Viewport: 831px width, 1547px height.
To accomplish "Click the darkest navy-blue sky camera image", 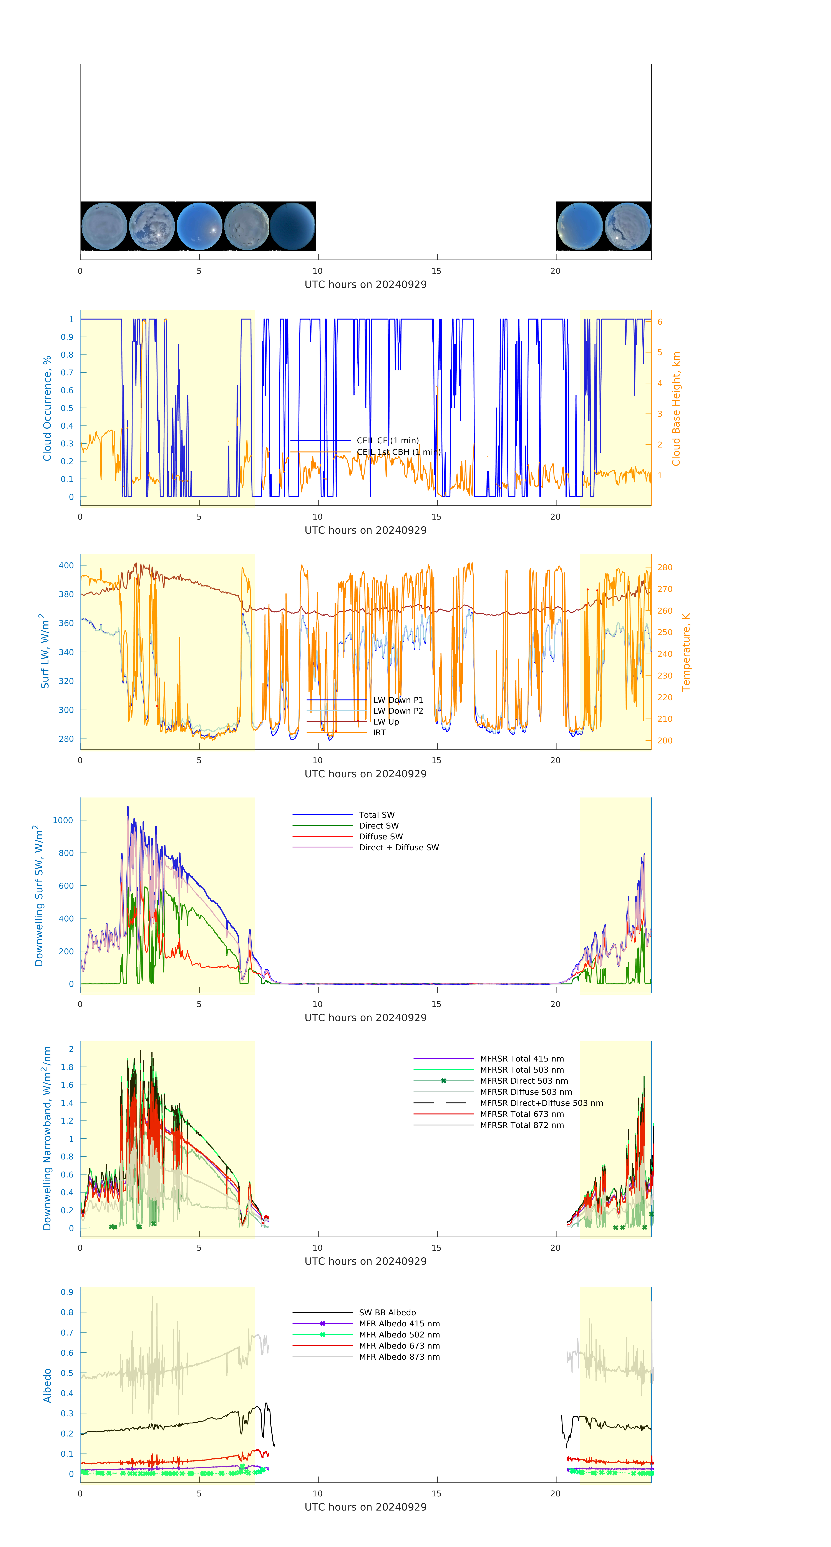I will [x=293, y=226].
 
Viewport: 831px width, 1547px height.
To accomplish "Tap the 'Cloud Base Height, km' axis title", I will [x=676, y=409].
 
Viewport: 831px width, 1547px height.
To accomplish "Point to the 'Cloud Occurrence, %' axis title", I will [x=47, y=408].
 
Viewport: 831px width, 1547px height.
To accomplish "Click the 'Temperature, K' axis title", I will [x=686, y=652].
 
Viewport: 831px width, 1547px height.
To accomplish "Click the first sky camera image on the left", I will [x=104, y=226].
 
